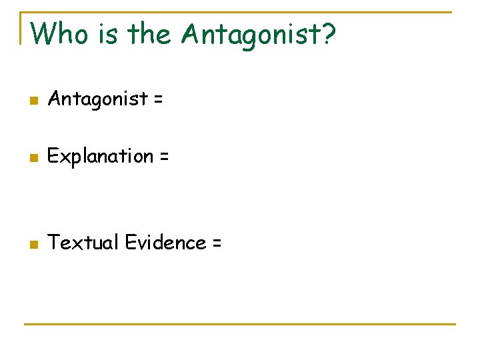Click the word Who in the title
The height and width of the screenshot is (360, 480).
tap(59, 33)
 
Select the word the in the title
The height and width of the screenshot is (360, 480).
tap(151, 33)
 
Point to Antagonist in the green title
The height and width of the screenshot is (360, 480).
tap(250, 34)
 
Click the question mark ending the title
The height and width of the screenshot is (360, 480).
tap(327, 33)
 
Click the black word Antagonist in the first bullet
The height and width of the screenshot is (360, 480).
tap(97, 99)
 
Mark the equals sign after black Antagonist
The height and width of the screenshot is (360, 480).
tap(157, 100)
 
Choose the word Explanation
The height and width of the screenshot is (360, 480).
tap(101, 157)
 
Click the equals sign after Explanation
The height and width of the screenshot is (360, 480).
tap(163, 157)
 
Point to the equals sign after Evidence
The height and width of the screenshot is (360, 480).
tap(216, 243)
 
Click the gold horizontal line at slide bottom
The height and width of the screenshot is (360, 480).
tap(240, 324)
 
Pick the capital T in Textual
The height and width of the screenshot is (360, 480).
tap(53, 243)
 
